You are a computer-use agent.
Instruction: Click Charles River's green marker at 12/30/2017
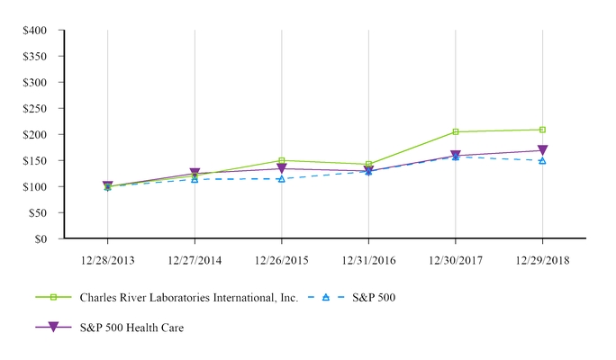456,132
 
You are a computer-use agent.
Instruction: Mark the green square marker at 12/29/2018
542,130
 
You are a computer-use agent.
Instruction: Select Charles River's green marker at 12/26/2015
282,161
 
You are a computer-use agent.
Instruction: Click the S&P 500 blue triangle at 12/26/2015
282,179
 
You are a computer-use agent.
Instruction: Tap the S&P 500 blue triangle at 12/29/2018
542,160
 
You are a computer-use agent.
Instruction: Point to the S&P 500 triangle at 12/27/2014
195,179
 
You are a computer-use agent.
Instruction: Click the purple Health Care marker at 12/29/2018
542,151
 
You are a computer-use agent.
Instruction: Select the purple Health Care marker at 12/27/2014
195,174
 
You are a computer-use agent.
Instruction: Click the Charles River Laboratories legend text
188,297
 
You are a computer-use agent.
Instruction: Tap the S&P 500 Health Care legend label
131,328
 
